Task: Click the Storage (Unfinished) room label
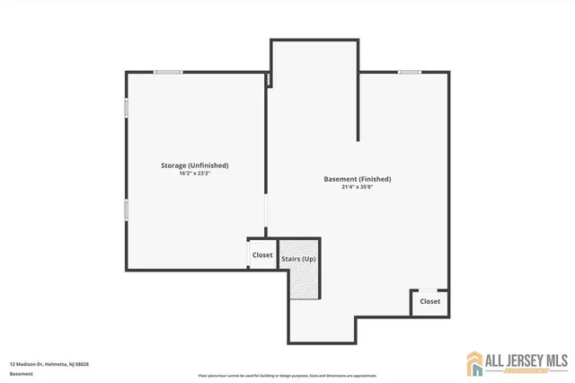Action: pos(194,165)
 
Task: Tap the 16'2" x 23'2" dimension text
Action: pos(194,173)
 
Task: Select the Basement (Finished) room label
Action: pos(357,179)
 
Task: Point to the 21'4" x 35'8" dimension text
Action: pos(357,187)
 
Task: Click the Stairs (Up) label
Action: pos(298,259)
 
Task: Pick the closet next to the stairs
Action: pos(262,254)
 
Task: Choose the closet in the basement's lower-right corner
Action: pos(429,302)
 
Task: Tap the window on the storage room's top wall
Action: pos(167,72)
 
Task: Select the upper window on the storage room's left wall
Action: pos(126,107)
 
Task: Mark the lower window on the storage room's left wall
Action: pos(126,209)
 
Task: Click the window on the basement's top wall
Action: pos(410,72)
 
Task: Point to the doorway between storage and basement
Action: pos(266,216)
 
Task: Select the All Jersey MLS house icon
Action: pos(475,362)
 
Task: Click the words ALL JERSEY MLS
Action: pos(528,359)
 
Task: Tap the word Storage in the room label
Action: pos(173,165)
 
